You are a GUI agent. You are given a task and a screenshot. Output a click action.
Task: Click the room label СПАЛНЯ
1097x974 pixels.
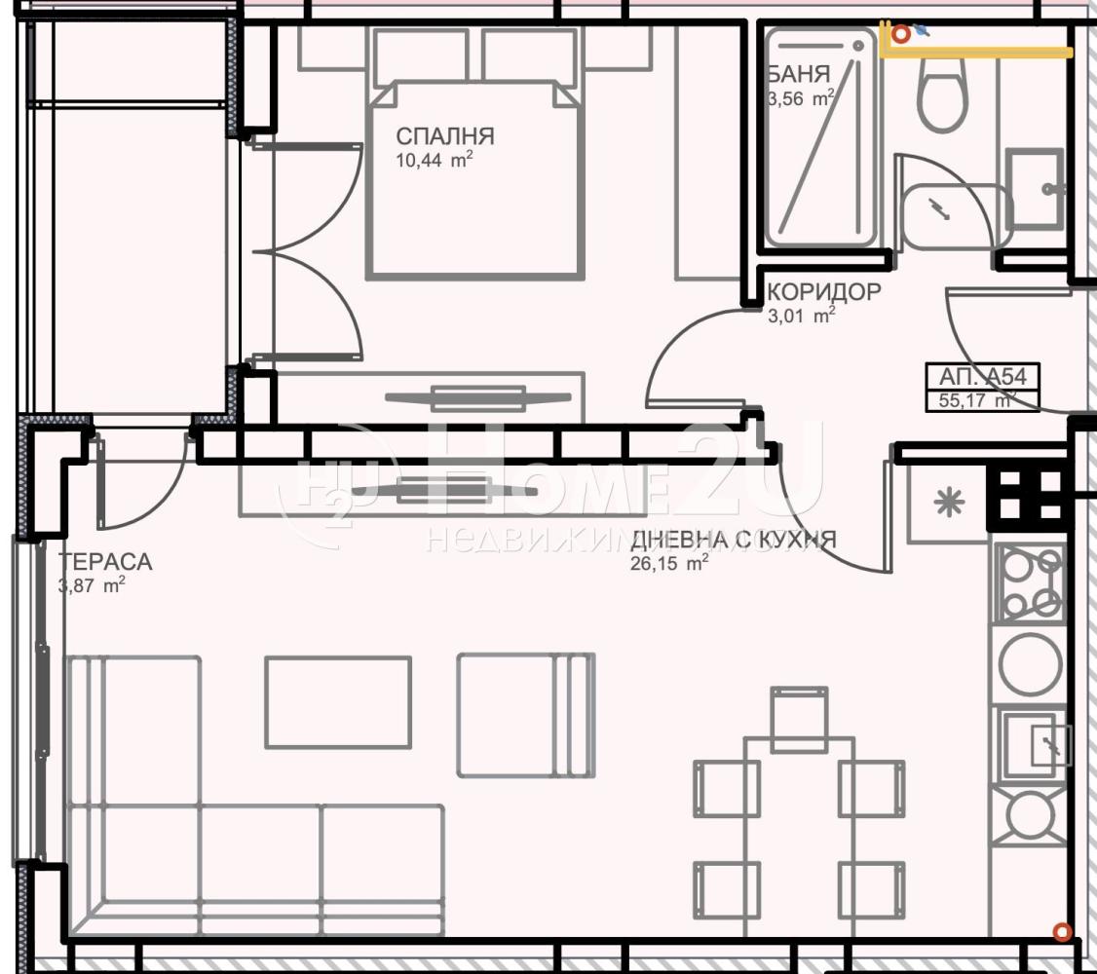click(x=445, y=135)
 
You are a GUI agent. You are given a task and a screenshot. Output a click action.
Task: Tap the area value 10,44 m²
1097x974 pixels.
click(x=434, y=160)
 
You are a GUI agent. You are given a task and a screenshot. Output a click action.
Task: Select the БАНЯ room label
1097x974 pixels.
click(x=799, y=73)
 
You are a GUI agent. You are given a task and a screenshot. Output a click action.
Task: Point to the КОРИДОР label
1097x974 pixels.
click(x=824, y=291)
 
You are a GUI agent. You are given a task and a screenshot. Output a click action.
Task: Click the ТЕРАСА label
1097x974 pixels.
click(x=105, y=561)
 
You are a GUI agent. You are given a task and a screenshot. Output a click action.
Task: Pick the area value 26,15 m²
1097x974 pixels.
click(x=669, y=562)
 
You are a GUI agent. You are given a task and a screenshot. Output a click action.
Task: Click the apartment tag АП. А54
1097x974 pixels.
click(x=982, y=376)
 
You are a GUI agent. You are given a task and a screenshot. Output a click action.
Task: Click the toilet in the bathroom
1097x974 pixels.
click(x=943, y=94)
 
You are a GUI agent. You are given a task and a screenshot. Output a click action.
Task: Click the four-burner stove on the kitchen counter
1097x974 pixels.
click(x=1031, y=583)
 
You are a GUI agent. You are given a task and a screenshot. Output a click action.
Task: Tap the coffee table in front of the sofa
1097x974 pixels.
click(x=338, y=702)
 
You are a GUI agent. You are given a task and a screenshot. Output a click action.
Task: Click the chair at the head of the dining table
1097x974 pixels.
click(x=799, y=719)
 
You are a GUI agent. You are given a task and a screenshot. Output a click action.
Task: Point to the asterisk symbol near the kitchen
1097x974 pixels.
click(x=949, y=502)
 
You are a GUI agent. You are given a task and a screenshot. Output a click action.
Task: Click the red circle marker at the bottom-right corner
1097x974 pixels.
click(x=1062, y=931)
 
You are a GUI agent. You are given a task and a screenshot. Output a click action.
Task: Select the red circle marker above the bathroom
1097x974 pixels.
click(x=901, y=33)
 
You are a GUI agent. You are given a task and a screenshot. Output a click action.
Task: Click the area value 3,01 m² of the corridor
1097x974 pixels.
click(x=802, y=316)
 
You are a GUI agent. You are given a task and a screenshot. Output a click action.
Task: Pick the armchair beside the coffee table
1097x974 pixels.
click(x=526, y=715)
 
